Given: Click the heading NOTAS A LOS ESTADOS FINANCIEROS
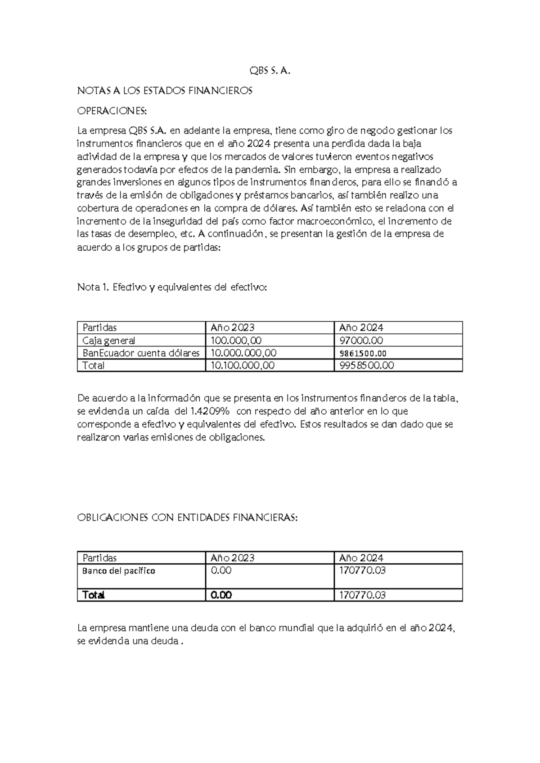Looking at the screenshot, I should coord(165,91).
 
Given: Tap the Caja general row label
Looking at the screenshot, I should coord(108,341).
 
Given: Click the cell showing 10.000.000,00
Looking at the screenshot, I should coord(243,353).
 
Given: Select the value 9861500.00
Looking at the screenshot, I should coord(363,354).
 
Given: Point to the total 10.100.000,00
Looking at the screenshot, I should coord(242,365).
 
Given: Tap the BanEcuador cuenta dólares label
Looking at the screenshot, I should coord(141,353).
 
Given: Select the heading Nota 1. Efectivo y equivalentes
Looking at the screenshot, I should coord(172,287).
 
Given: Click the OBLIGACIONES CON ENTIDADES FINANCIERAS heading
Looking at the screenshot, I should coord(187,518).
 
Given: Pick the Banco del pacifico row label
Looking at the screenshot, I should coord(118,571).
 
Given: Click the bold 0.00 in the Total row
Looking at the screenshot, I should coord(221,595).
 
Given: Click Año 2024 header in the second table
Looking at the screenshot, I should coord(361,558).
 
